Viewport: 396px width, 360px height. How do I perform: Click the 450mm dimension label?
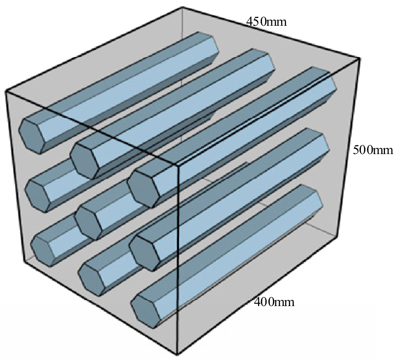(266, 22)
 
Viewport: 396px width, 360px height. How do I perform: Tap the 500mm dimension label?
(373, 150)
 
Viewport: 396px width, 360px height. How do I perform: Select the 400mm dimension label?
(274, 302)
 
